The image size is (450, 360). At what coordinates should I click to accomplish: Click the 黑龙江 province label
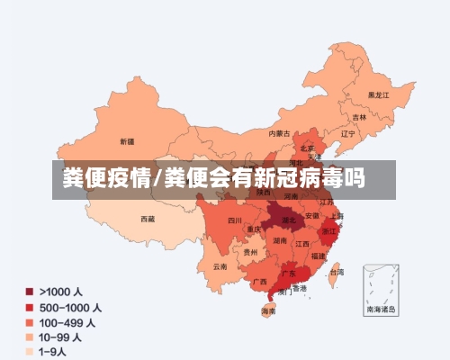(379, 94)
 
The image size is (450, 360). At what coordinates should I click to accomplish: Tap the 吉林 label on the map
(359, 117)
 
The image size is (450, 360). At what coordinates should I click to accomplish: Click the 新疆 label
(126, 142)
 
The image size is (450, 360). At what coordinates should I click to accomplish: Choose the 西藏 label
(147, 219)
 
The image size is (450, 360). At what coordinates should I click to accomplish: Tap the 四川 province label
(235, 220)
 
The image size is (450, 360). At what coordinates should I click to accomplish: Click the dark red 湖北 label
(290, 220)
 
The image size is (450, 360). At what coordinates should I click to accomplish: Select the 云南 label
(220, 266)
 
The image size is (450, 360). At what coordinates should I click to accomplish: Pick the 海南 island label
(268, 310)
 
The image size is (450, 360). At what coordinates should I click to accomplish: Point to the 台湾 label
(336, 272)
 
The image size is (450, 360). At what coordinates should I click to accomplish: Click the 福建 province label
(318, 256)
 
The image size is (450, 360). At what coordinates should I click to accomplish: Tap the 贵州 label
(249, 253)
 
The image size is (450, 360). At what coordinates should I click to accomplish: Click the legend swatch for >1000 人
(29, 292)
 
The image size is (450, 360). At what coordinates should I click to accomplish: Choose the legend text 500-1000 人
(70, 307)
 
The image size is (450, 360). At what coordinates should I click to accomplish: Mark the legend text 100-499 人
(68, 322)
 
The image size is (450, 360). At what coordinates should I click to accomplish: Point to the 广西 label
(259, 281)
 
